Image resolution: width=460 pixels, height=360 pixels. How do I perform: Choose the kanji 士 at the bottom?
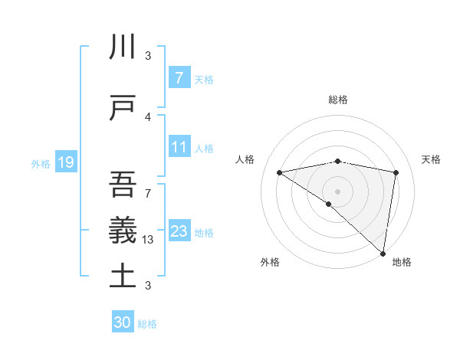click(123, 275)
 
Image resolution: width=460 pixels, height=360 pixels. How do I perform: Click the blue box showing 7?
click(179, 77)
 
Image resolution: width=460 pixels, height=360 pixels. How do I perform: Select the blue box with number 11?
click(179, 147)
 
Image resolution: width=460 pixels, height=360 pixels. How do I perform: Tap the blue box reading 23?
click(179, 231)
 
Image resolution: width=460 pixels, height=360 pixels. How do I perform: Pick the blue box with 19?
click(65, 162)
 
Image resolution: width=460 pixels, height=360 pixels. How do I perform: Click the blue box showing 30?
click(123, 322)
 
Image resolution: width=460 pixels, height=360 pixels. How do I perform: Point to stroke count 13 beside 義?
click(148, 239)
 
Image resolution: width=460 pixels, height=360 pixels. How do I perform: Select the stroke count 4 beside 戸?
click(148, 116)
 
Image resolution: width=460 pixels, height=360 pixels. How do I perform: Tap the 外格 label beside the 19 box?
click(41, 163)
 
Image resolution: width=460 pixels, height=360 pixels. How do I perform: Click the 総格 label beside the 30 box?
click(147, 324)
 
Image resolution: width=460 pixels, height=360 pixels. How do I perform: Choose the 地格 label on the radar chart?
click(402, 262)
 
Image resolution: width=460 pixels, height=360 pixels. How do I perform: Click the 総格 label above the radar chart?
click(338, 100)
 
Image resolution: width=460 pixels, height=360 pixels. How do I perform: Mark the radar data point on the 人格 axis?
click(280, 172)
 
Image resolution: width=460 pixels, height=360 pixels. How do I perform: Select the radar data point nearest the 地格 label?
click(383, 253)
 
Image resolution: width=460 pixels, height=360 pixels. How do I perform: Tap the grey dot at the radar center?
click(337, 190)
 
